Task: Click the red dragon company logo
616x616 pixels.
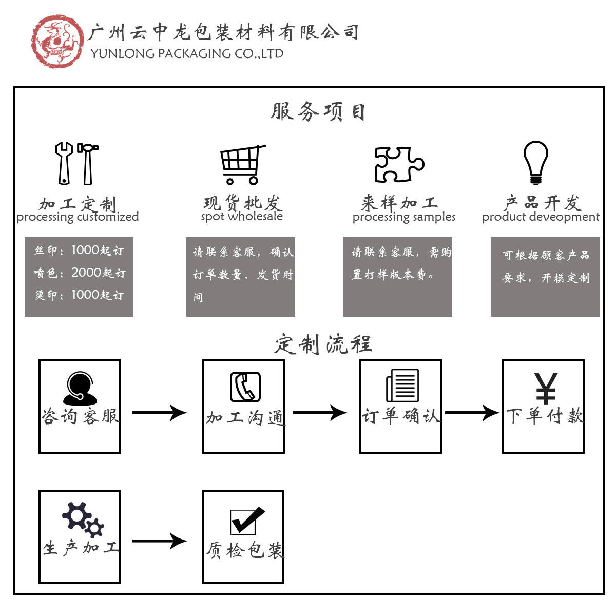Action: coord(57,41)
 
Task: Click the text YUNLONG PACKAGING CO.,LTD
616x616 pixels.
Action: coord(187,54)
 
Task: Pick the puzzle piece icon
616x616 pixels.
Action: coord(399,164)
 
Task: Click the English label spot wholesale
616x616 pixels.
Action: coord(242,217)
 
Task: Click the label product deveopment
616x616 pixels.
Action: coord(541,217)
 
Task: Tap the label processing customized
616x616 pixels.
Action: coord(78,217)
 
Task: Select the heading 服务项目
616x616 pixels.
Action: coord(318,111)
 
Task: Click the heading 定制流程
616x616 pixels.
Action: coord(323,343)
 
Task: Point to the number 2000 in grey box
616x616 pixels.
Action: coord(86,273)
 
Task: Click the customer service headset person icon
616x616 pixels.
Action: coord(80,388)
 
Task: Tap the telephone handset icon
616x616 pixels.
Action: coord(245,387)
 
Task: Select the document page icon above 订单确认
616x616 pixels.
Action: coord(402,386)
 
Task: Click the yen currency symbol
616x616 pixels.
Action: coord(545,388)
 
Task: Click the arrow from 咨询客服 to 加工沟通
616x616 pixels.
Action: coord(160,412)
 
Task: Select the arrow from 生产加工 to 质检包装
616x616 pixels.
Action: coord(160,541)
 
